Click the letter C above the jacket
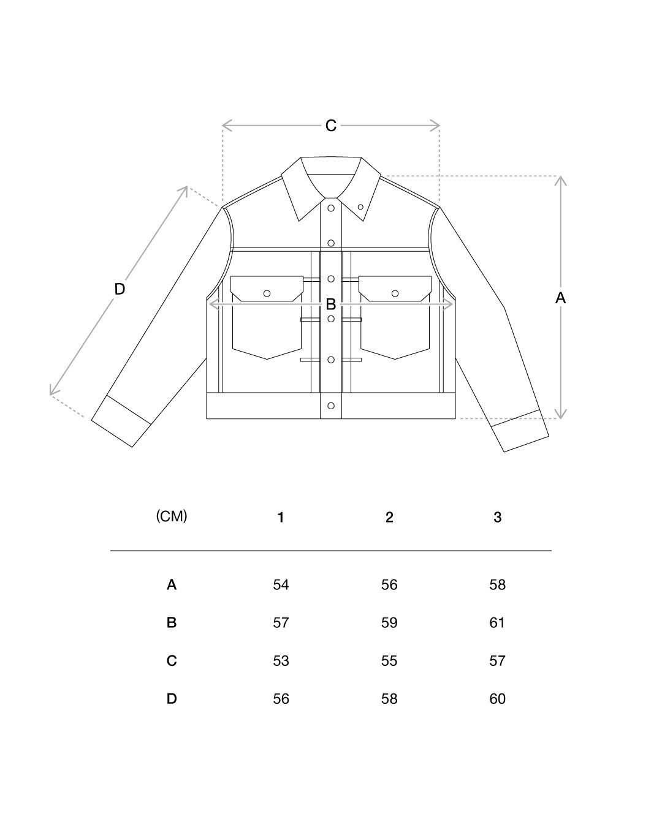(x=331, y=126)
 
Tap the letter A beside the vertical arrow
(x=560, y=298)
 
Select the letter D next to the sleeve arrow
(x=120, y=289)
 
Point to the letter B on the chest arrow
(x=331, y=304)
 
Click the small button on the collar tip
(x=360, y=207)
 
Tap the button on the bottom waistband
(x=331, y=406)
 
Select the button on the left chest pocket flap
(x=267, y=293)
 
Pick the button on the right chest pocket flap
(x=395, y=293)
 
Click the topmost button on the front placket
(x=331, y=208)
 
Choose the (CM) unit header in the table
(x=172, y=516)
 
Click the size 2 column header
(x=389, y=517)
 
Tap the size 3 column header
(x=497, y=517)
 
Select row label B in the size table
(x=172, y=622)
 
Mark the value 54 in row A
(x=281, y=584)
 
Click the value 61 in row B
(x=497, y=622)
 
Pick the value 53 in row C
(x=281, y=660)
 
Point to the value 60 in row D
(x=497, y=698)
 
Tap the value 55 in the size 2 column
(x=389, y=660)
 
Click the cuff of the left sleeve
(x=121, y=421)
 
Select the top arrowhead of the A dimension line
(x=561, y=181)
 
